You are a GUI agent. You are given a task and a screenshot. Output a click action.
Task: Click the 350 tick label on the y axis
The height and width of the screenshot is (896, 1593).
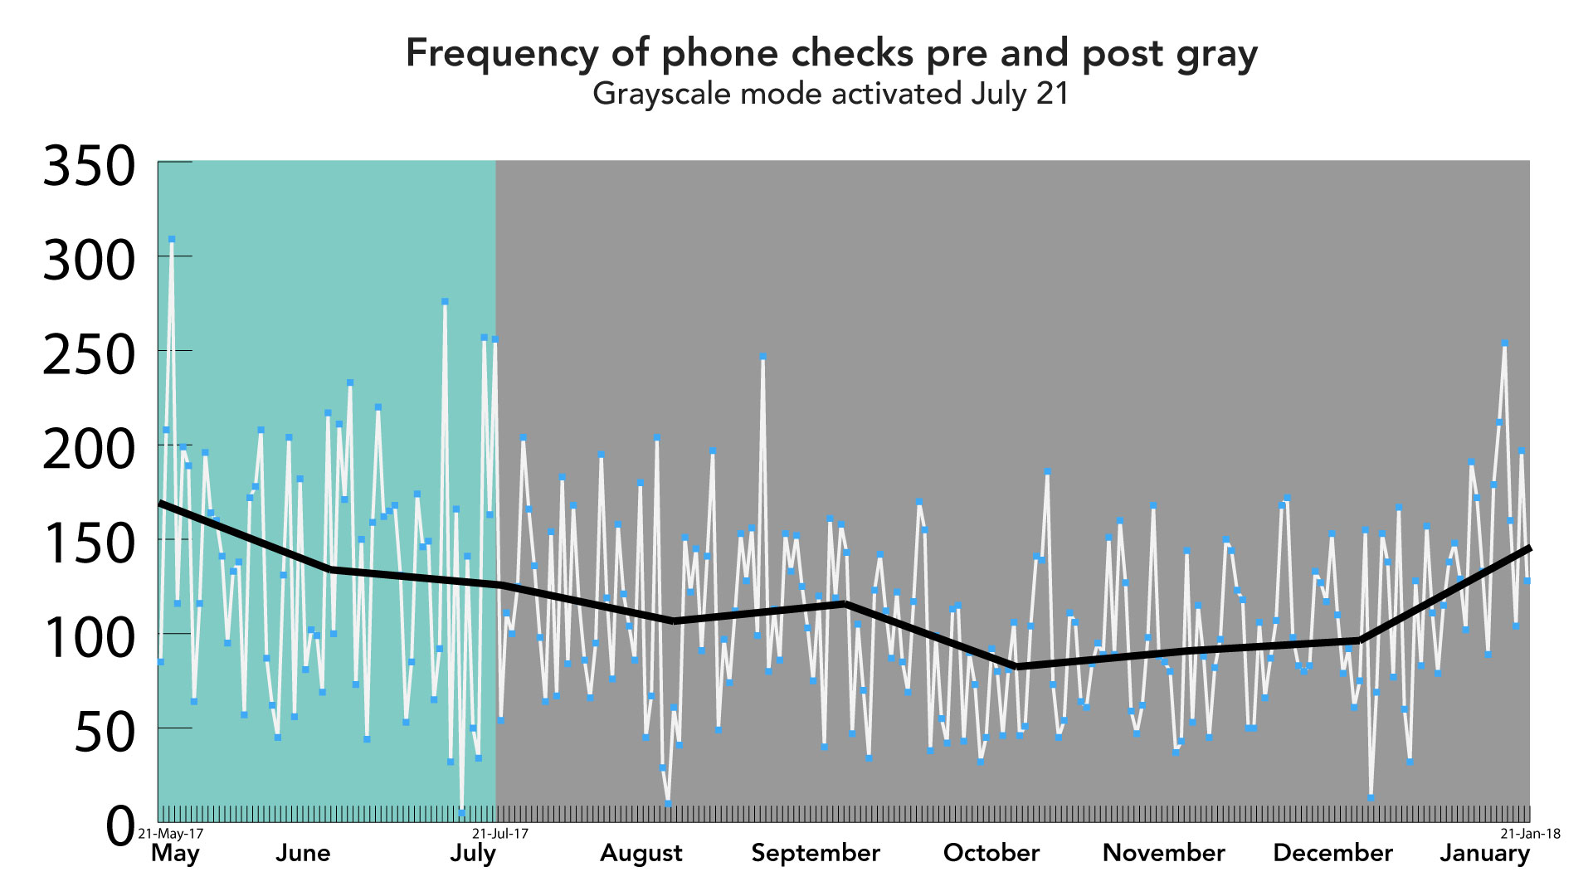coord(89,166)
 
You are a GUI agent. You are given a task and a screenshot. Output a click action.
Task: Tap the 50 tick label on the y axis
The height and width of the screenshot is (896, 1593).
coord(105,733)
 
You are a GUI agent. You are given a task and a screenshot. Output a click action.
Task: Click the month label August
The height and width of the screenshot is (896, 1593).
coord(641,854)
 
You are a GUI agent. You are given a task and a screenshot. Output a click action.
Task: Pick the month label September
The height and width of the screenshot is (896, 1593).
coord(815,854)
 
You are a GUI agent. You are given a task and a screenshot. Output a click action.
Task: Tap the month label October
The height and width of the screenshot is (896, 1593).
coord(991,854)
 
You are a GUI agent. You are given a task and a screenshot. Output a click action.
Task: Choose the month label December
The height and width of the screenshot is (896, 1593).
coord(1332,854)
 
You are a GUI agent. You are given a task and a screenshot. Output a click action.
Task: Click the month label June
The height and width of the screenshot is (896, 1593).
coord(303,854)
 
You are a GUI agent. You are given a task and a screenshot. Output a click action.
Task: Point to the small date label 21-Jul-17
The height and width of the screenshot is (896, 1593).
coord(500,834)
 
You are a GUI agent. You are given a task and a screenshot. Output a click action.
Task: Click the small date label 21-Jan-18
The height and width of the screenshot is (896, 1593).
coord(1530,834)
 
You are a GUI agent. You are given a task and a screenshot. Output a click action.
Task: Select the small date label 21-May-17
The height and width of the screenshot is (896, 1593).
coord(170,834)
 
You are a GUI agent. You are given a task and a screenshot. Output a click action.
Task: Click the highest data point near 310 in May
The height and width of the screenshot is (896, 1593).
coord(172,239)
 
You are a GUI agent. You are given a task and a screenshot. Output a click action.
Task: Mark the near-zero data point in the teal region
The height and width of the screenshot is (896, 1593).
coord(461,813)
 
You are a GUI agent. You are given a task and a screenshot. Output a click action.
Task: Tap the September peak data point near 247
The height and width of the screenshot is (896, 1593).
coord(762,357)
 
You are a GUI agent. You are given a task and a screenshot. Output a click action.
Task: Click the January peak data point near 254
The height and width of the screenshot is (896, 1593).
coord(1504,343)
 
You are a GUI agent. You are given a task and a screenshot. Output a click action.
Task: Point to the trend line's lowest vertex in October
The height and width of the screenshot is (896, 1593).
coord(1017,667)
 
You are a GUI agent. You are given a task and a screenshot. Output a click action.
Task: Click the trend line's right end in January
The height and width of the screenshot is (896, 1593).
coord(1528,549)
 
